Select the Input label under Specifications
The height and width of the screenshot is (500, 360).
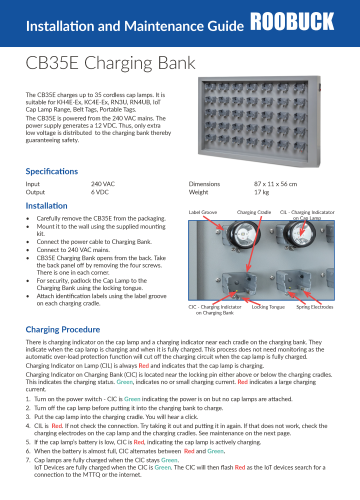click(x=33, y=185)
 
